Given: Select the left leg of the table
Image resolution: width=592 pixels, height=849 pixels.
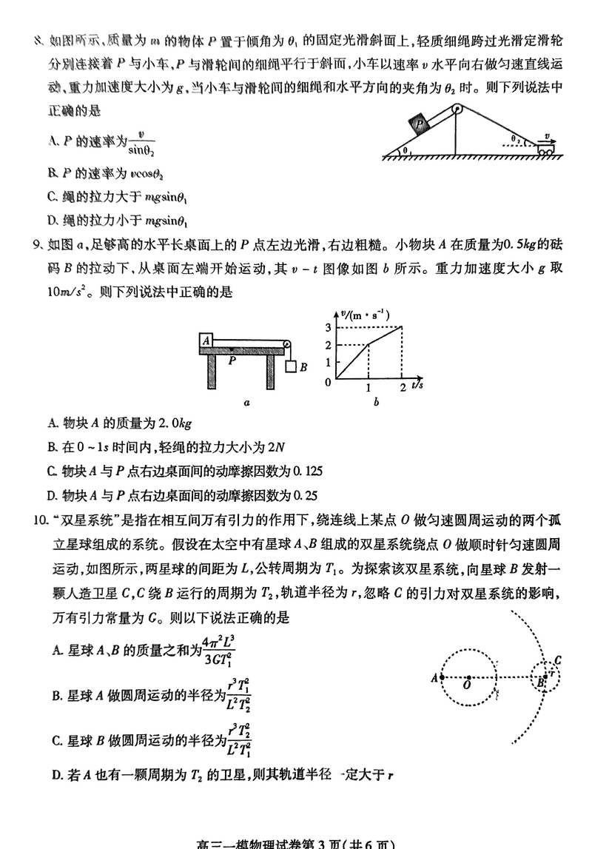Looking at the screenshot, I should click(x=213, y=370).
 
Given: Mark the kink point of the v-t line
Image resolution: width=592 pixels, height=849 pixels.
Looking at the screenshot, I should click(x=369, y=344).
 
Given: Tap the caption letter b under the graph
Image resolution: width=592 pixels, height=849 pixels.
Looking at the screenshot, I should click(x=377, y=403).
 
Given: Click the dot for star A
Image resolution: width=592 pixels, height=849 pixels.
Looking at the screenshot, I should click(x=442, y=677).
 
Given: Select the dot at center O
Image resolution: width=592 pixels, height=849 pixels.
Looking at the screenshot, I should click(x=467, y=677).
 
